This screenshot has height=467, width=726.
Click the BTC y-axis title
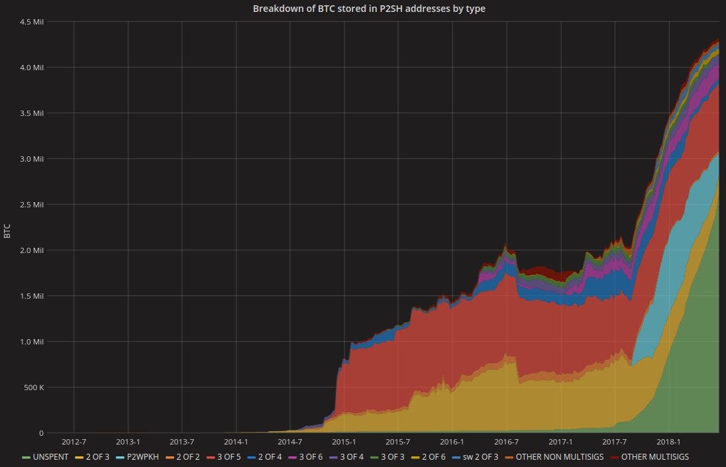point(7,231)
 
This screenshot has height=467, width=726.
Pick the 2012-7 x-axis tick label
point(74,442)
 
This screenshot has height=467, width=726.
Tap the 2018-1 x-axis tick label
point(669,442)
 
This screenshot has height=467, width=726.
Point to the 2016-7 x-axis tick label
point(507,442)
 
